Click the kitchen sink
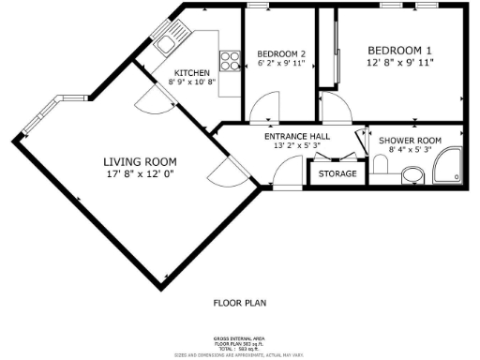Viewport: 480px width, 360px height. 170,39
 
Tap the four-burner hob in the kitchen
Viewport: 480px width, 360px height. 230,61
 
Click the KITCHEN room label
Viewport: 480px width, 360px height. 192,72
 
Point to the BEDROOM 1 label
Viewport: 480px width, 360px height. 399,50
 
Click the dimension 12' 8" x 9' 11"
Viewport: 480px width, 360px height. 399,63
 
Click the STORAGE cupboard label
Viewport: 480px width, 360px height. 337,173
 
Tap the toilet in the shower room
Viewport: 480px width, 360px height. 410,172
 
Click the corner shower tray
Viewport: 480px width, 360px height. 448,167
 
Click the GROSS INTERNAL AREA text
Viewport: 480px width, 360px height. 239,337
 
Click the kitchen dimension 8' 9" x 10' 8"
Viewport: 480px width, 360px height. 192,82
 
